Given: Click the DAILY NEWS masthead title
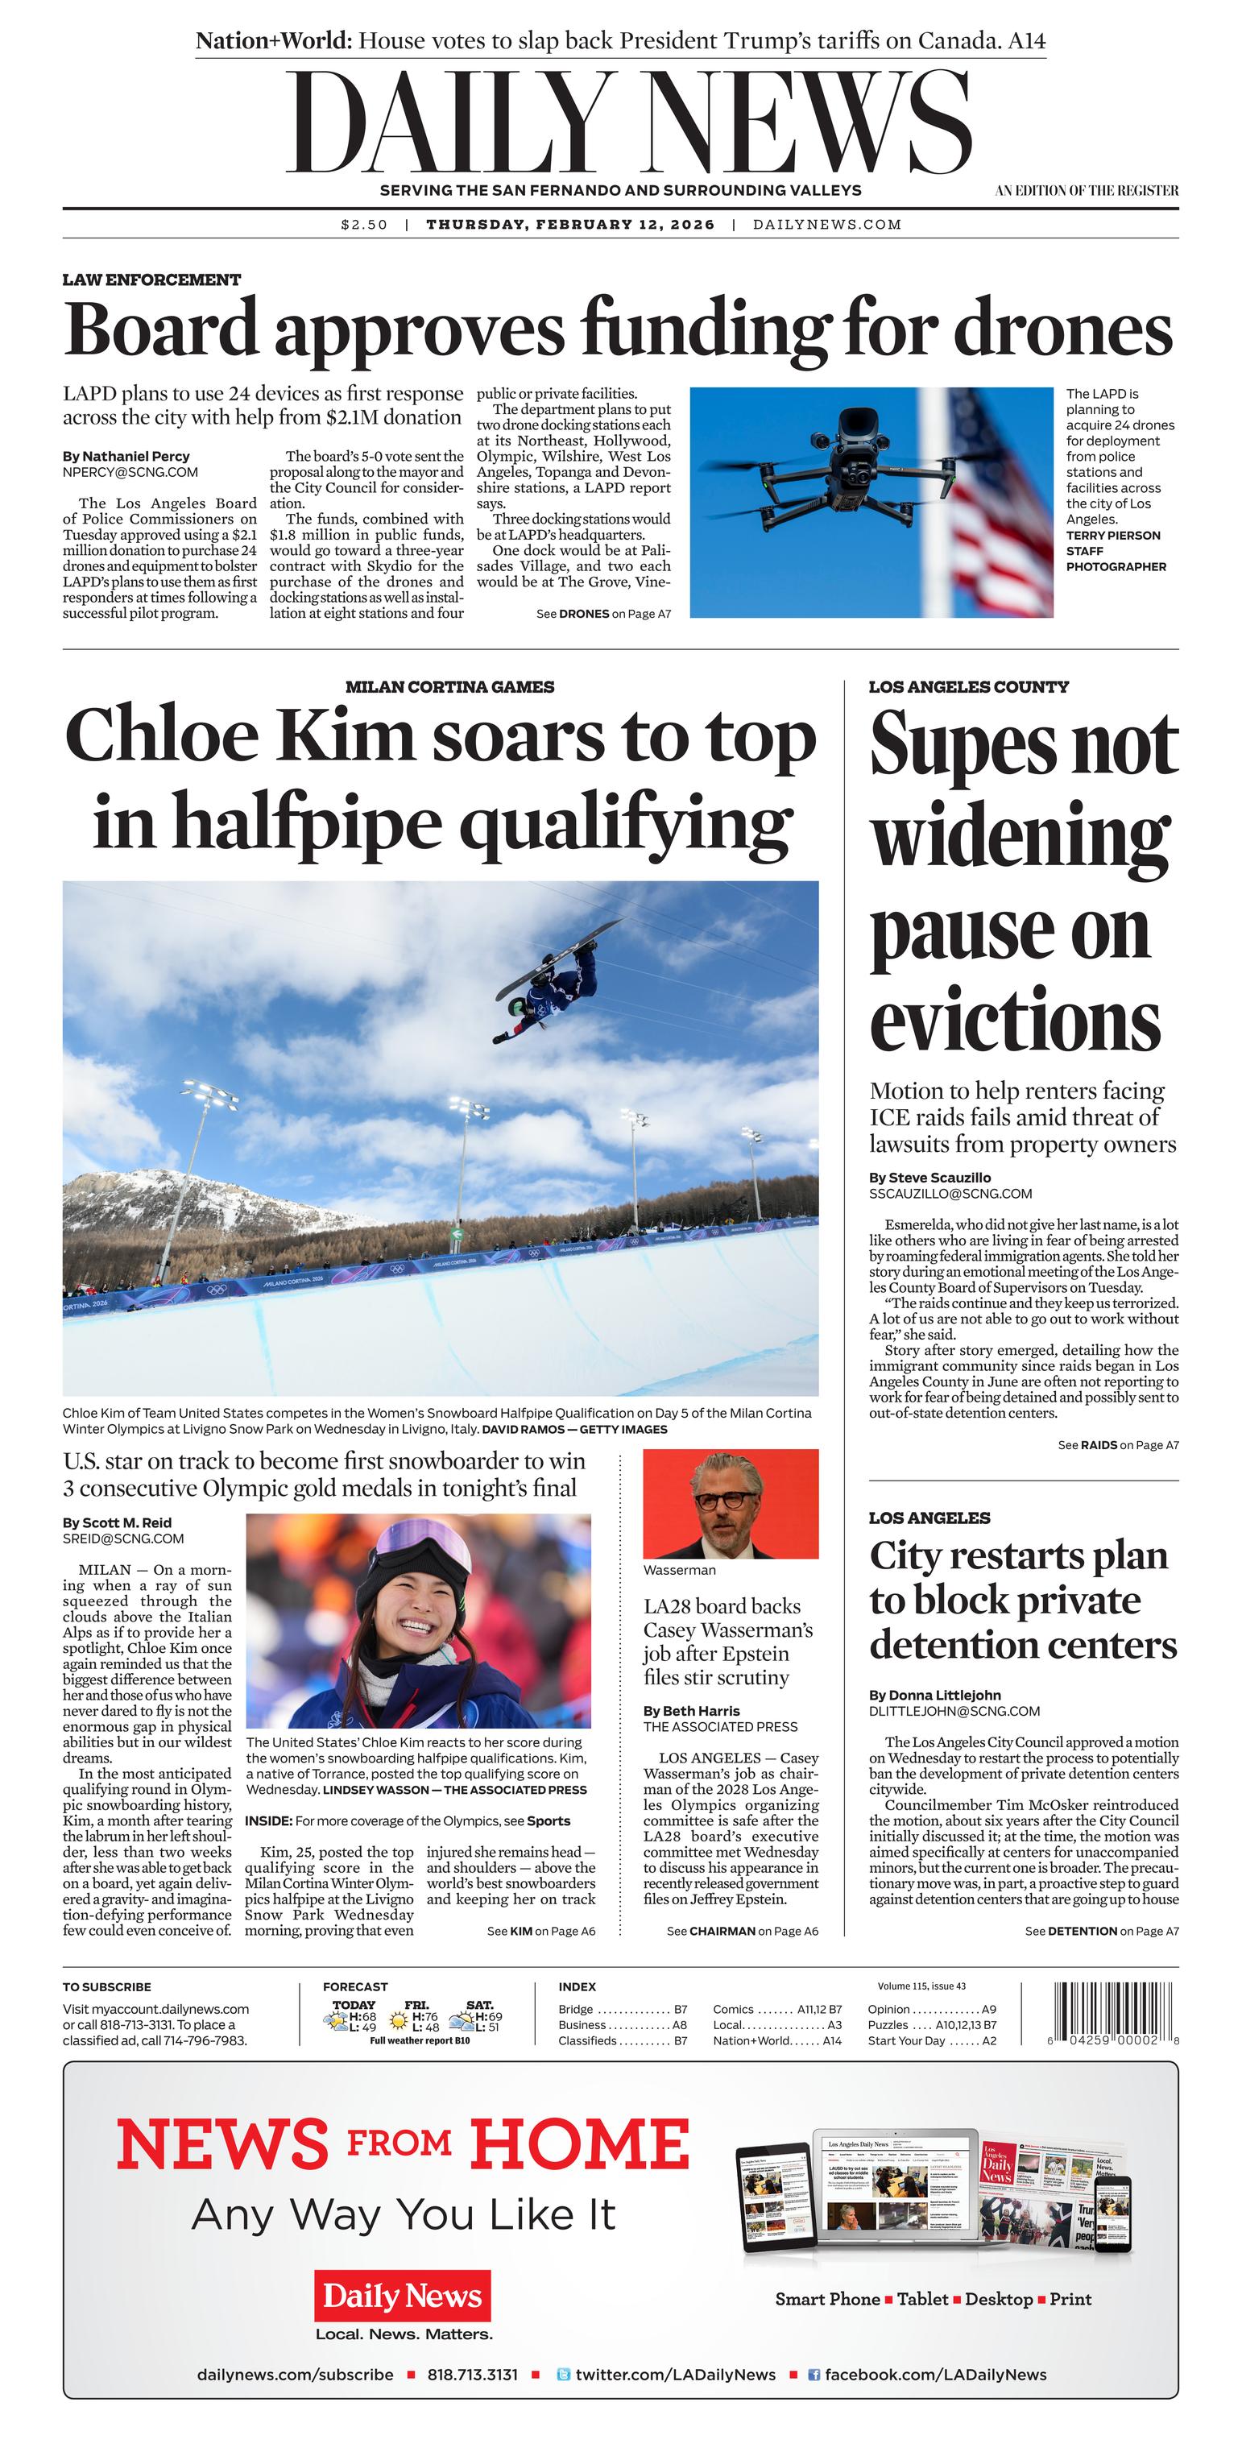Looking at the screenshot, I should [x=629, y=124].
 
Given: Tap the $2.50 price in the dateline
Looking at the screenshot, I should [x=364, y=225].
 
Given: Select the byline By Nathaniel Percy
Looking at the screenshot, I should [x=126, y=456].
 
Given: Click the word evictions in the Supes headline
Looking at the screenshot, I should [x=1014, y=1019].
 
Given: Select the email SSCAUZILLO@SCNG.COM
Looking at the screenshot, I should [x=937, y=1194].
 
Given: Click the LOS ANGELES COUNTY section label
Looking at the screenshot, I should [x=968, y=686].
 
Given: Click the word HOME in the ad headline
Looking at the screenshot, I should [x=580, y=2146].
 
